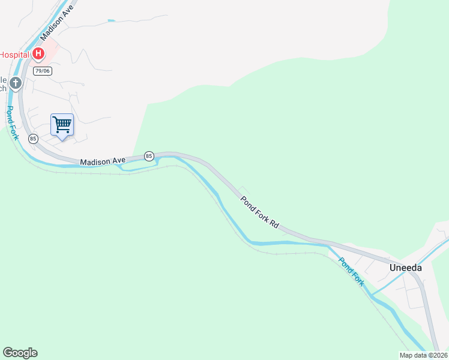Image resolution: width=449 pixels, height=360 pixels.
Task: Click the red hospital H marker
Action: [38, 54]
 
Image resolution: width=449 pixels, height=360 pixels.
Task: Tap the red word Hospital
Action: [14, 54]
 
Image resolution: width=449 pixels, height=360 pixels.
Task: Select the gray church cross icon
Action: [16, 83]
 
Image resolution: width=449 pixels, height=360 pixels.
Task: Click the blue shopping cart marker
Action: [62, 125]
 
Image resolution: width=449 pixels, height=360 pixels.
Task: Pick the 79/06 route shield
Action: [42, 71]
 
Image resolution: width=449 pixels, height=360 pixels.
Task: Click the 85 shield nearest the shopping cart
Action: [33, 139]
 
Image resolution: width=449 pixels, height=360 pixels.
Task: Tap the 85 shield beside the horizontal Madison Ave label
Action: [149, 156]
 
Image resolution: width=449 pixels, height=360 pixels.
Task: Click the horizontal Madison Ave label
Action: [102, 160]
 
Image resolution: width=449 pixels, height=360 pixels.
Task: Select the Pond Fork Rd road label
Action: [260, 212]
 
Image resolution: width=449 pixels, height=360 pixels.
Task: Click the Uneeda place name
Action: [405, 268]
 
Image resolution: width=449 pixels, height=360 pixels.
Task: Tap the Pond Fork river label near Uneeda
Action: [351, 271]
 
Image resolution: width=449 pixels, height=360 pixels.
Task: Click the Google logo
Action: [20, 353]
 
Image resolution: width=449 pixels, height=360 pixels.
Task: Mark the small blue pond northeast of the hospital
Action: [111, 21]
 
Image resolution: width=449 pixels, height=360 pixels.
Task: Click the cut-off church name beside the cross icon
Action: [4, 84]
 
